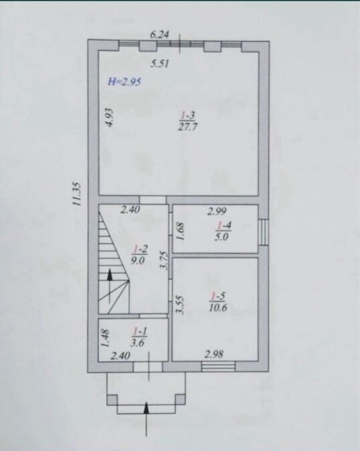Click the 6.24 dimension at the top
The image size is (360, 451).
tap(160, 35)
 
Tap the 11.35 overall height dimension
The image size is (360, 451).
tap(77, 194)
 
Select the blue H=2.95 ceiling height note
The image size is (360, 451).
tap(124, 82)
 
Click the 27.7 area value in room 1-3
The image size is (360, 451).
tap(188, 127)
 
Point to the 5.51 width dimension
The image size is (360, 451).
tap(160, 63)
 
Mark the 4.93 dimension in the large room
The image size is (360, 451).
tap(109, 117)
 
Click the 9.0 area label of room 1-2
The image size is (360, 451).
tap(138, 260)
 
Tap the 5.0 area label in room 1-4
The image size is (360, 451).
tap(222, 238)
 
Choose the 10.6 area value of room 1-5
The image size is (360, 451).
tap(218, 308)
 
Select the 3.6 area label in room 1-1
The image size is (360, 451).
tap(137, 342)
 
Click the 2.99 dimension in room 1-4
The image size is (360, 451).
tap(217, 211)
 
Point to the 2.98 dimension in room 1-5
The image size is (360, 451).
tap(214, 354)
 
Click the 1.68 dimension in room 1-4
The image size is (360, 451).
tap(180, 232)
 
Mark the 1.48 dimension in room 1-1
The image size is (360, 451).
tap(105, 338)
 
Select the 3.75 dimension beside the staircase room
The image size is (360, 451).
tap(164, 260)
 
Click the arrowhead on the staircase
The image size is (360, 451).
tap(110, 274)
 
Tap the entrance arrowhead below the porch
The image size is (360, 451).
tap(147, 408)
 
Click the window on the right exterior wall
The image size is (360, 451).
tap(263, 232)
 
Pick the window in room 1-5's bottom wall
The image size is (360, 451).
tap(219, 366)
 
